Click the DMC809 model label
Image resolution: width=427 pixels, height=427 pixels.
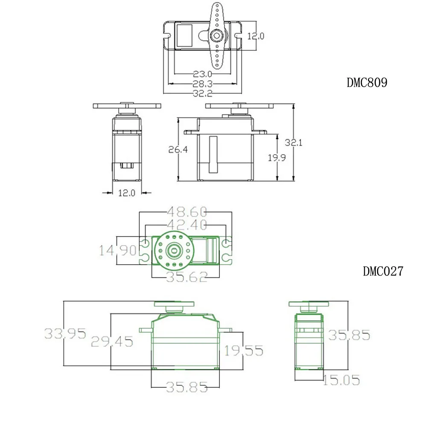coord(367,82)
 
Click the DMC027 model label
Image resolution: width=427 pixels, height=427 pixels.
coord(383,271)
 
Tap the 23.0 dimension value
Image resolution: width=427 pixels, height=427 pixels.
coord(202,74)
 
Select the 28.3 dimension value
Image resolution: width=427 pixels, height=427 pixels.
coord(202,84)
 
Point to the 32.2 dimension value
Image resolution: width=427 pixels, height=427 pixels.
coord(202,94)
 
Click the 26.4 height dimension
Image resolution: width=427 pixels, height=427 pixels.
coord(178,149)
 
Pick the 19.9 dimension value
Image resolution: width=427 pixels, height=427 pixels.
coord(277,158)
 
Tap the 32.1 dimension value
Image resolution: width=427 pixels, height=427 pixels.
coord(294,143)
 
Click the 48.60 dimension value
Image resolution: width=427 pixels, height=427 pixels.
coord(187,212)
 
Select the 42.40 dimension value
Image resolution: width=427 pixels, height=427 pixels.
coord(187,225)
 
